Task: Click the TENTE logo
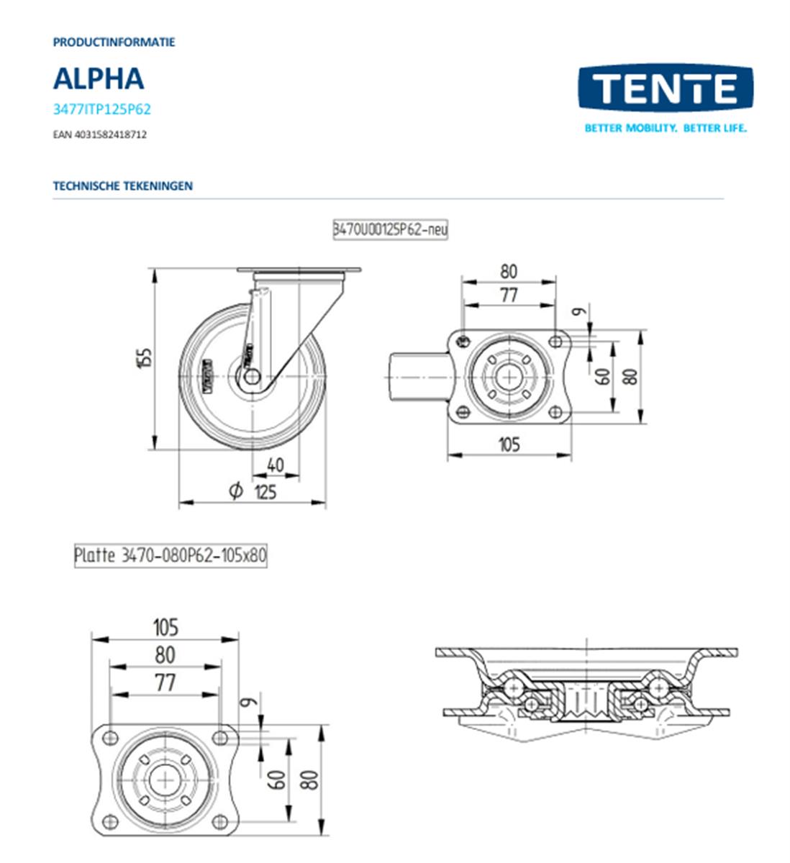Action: point(665,89)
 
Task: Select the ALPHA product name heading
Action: point(99,78)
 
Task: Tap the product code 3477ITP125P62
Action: point(101,110)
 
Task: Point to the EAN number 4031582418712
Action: point(99,134)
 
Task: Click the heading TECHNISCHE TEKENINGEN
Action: point(122,186)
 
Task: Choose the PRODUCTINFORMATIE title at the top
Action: point(114,42)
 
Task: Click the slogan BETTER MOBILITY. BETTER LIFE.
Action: point(665,129)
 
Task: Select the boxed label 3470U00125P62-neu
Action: point(389,229)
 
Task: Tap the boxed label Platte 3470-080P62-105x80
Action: point(171,556)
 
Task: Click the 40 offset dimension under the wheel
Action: point(275,465)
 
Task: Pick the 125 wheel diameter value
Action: point(265,492)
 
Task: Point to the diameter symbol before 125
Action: point(235,491)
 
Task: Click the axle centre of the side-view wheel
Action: point(252,376)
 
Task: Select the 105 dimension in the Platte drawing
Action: point(165,627)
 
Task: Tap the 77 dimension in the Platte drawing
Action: point(165,682)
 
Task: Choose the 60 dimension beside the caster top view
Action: point(603,376)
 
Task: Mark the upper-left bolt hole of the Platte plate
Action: point(110,736)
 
